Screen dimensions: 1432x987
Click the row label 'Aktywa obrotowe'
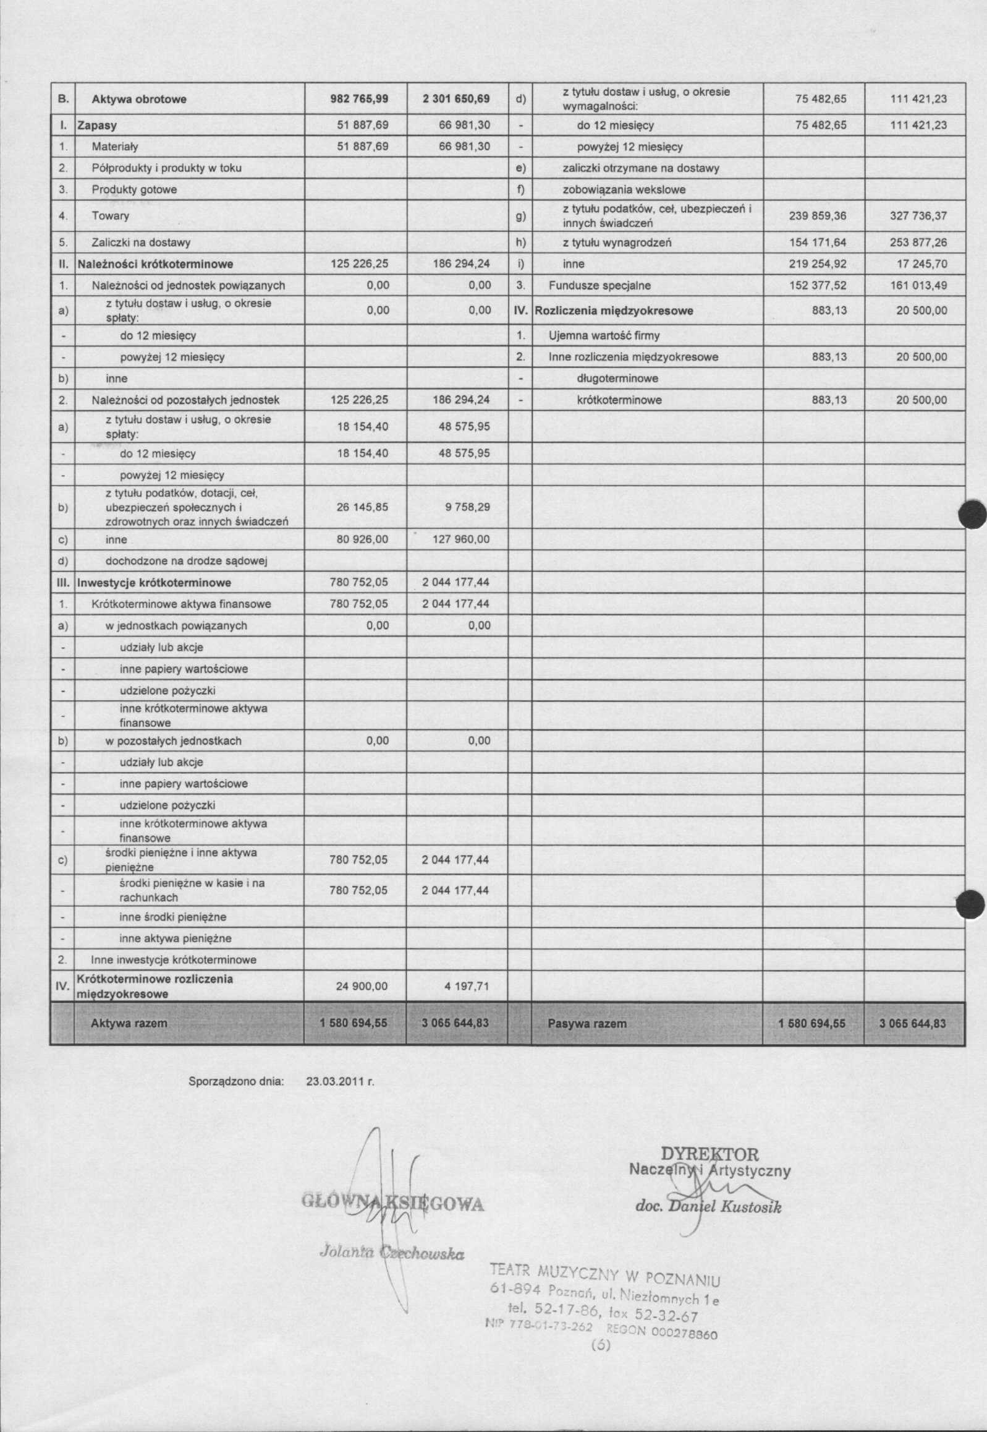tap(139, 99)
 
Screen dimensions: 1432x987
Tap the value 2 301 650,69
tap(456, 99)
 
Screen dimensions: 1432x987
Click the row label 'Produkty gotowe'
tap(134, 189)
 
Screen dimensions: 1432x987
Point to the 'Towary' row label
tap(110, 216)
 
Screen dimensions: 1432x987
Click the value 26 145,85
tap(362, 507)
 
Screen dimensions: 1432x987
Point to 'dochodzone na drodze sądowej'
tap(186, 561)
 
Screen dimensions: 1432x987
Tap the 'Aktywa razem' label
tap(129, 1023)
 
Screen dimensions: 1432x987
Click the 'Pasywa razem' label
tap(587, 1024)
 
